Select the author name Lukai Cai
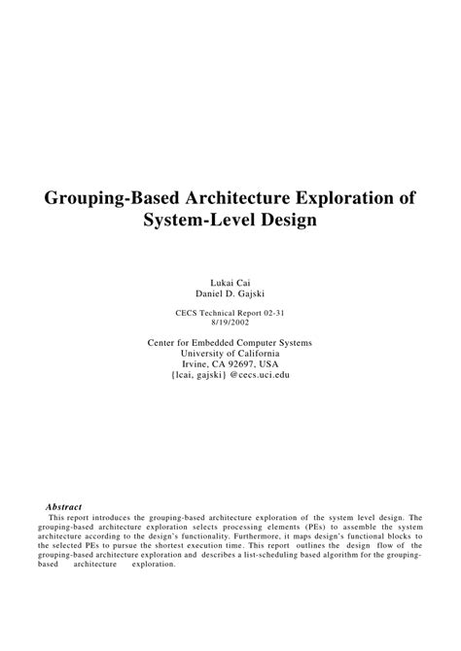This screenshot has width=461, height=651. tap(230, 282)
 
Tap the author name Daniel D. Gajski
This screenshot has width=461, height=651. tap(230, 293)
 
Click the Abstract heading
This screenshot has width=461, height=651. tap(64, 506)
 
